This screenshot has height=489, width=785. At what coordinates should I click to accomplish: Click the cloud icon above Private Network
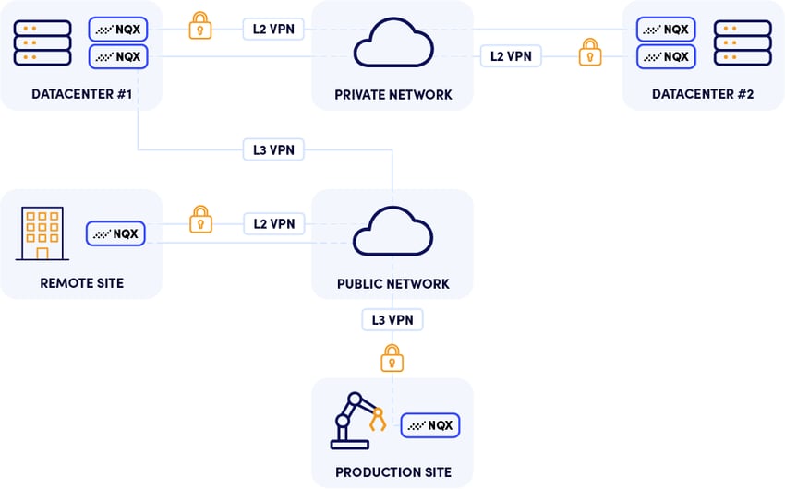(x=392, y=42)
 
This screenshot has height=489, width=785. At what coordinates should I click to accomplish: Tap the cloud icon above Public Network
(x=392, y=230)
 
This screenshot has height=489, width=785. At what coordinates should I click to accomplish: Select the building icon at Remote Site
(x=42, y=233)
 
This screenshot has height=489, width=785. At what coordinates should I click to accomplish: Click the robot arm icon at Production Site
(x=359, y=420)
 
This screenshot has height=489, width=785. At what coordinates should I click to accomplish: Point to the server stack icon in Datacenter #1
(x=42, y=42)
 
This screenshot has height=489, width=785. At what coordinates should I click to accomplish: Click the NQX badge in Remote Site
(x=115, y=233)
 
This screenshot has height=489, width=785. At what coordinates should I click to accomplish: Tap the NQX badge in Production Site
(x=429, y=425)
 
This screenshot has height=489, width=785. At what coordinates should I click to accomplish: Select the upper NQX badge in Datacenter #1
(x=118, y=29)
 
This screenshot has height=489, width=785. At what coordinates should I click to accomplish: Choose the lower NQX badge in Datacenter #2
(x=665, y=56)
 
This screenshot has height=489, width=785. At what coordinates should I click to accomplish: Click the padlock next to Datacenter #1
(x=199, y=25)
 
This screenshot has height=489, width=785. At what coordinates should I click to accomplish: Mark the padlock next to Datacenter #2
(x=589, y=52)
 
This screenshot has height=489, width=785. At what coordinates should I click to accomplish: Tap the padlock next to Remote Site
(x=199, y=219)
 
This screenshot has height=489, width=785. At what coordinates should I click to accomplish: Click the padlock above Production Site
(x=392, y=357)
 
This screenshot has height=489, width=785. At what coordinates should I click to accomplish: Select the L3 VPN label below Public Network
(x=392, y=320)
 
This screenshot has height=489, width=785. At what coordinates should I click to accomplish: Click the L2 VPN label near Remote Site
(x=273, y=223)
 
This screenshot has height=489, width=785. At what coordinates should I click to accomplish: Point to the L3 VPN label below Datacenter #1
(x=273, y=149)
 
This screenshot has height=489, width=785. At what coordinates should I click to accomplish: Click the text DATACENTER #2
(x=703, y=94)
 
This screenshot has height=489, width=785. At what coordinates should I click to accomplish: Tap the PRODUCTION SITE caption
(x=392, y=472)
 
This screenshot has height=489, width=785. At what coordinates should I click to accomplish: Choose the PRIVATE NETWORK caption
(x=392, y=94)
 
